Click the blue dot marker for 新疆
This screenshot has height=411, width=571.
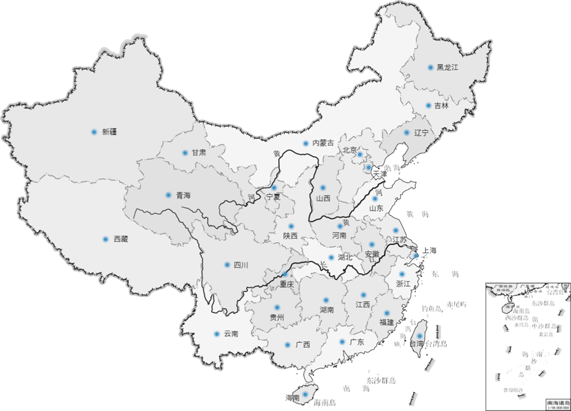[94, 132]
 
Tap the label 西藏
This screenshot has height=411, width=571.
[120, 240]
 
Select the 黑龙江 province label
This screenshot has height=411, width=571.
[447, 68]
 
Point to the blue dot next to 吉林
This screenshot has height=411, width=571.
[428, 105]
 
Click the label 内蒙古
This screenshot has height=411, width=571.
[323, 143]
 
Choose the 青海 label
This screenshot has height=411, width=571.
[183, 196]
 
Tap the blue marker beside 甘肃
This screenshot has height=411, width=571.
[185, 153]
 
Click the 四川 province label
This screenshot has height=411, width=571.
[241, 266]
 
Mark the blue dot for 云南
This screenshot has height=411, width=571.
[217, 334]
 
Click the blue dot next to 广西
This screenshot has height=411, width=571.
[287, 344]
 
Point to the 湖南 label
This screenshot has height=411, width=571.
[327, 310]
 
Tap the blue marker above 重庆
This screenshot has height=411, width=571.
[285, 274]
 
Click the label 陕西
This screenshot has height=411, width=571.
[290, 235]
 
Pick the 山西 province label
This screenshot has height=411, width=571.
[323, 198]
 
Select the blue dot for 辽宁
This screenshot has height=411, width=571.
[406, 132]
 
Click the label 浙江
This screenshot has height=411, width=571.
[403, 284]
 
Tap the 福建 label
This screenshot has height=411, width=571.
[387, 322]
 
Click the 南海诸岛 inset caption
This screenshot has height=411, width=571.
[558, 402]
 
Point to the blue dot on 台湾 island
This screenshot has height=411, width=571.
[419, 336]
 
